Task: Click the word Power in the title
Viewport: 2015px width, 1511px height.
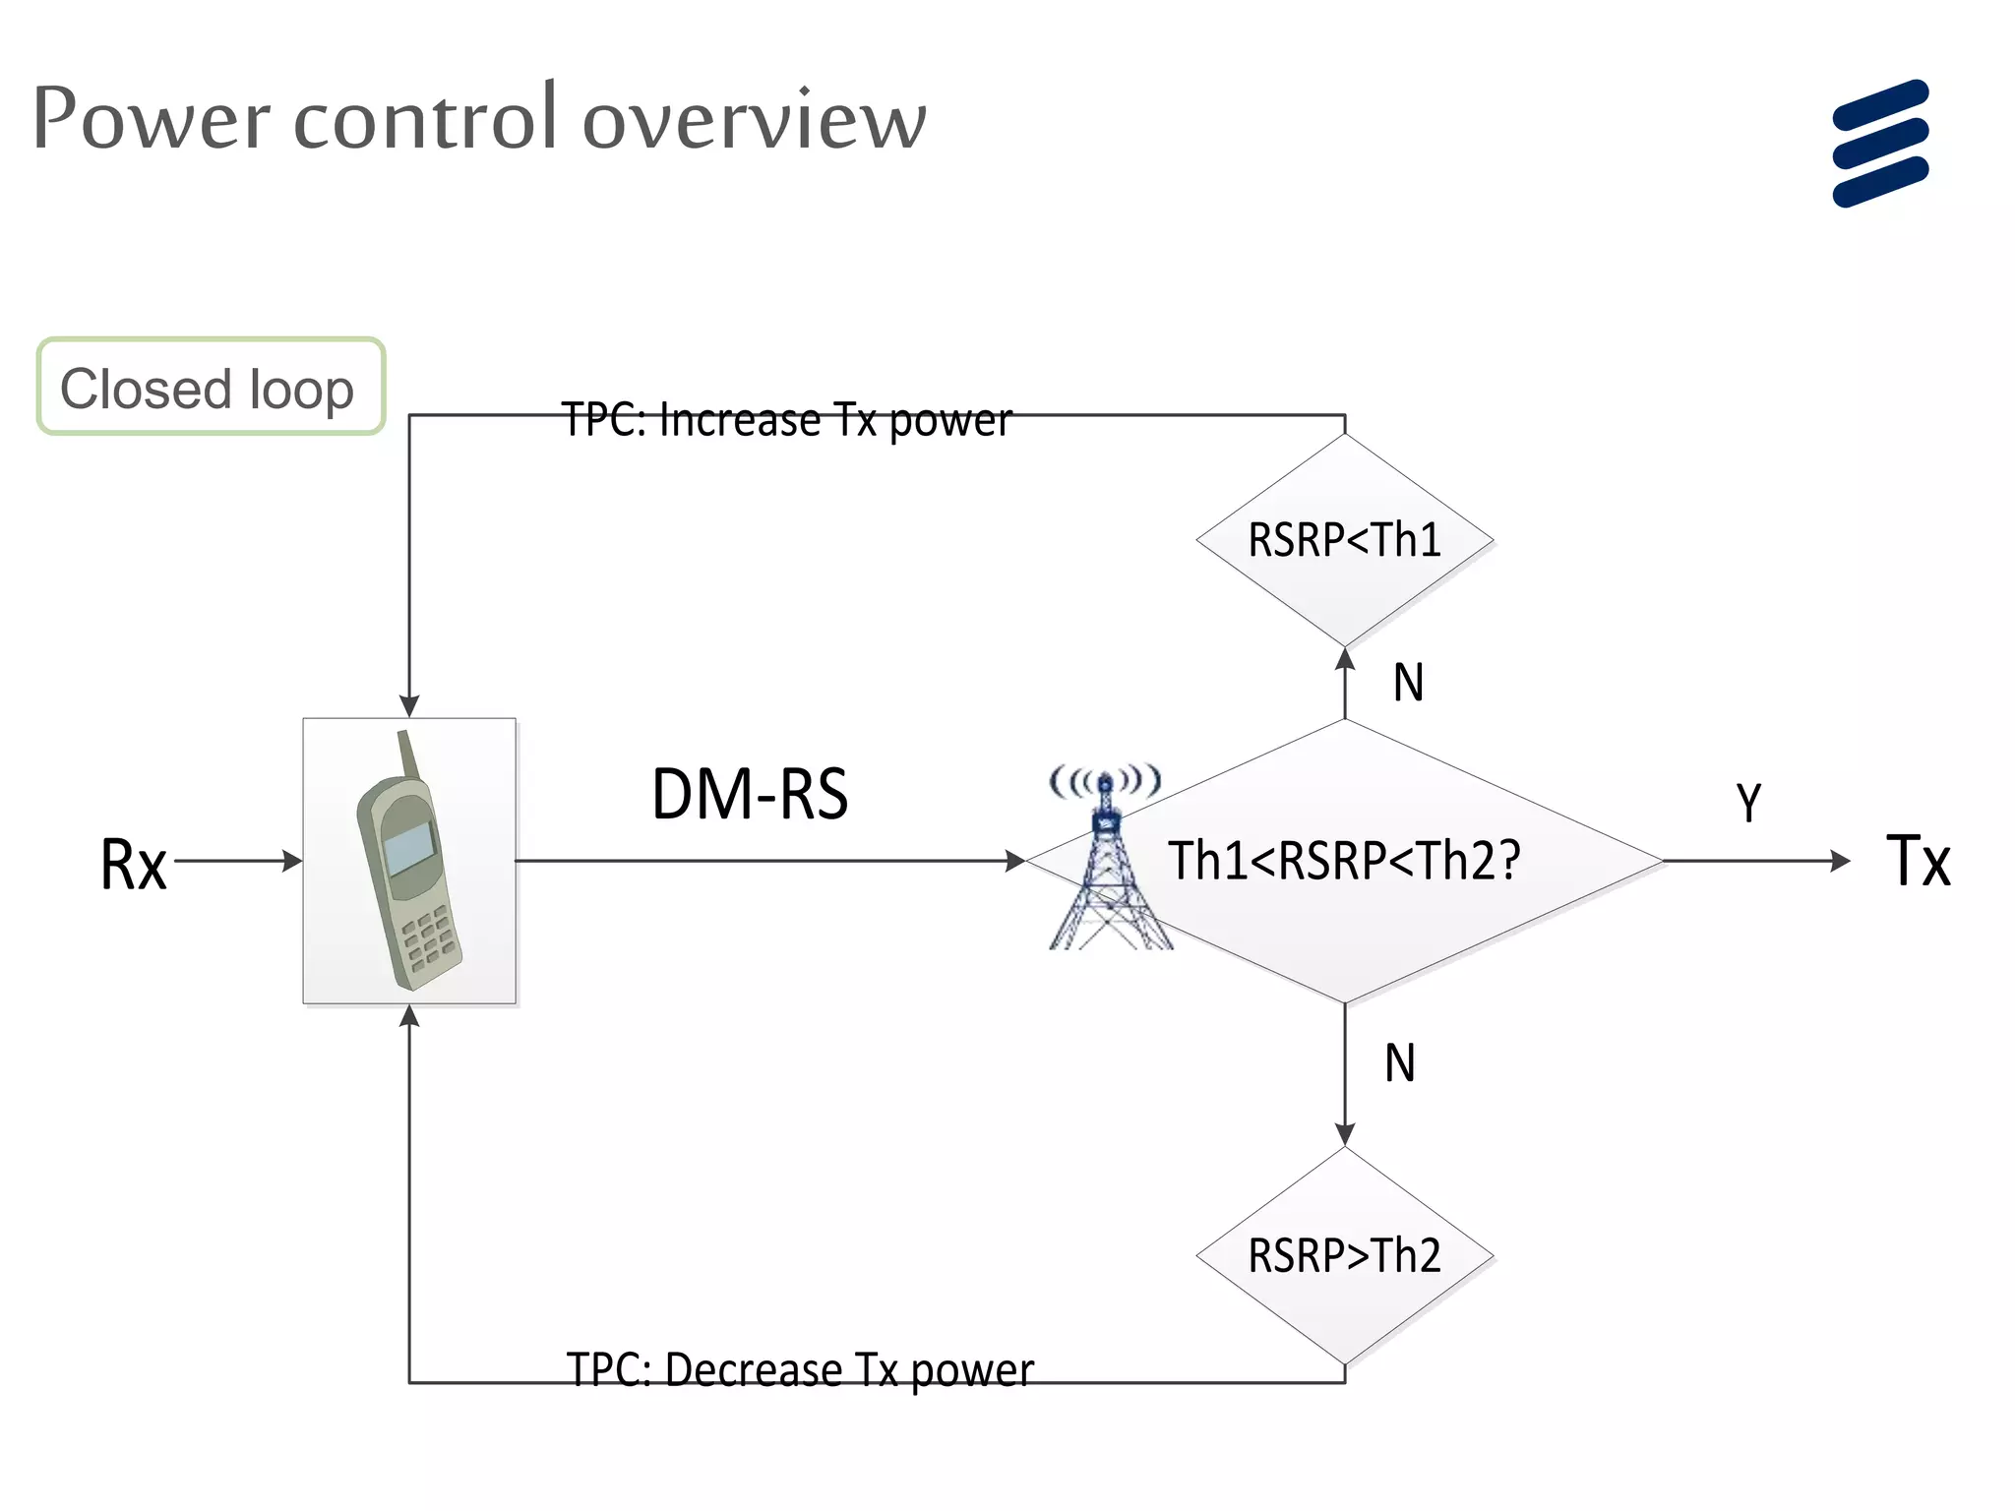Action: pos(151,119)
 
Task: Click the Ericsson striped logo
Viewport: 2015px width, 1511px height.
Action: pos(1880,144)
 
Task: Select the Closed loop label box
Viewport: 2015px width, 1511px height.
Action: pos(211,387)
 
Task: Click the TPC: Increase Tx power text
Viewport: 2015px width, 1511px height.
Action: pos(786,420)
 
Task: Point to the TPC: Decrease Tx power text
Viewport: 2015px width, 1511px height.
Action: pos(799,1369)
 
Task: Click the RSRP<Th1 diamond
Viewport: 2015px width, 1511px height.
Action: pos(1344,540)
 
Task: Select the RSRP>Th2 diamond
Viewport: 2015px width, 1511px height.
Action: pos(1344,1255)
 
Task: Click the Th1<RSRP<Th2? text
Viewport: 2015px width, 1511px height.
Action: pos(1344,860)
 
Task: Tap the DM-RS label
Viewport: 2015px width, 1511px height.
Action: pos(750,794)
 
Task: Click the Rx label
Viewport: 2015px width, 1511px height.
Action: pos(134,865)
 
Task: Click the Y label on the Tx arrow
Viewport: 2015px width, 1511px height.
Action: pos(1748,803)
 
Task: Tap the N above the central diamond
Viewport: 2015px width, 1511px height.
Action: pos(1408,683)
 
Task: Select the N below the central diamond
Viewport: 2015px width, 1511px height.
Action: pos(1400,1063)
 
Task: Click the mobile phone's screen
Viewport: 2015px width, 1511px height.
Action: pos(408,849)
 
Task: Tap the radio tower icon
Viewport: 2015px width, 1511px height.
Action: pos(1107,866)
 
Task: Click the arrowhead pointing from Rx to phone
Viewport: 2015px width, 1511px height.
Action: pos(292,861)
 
